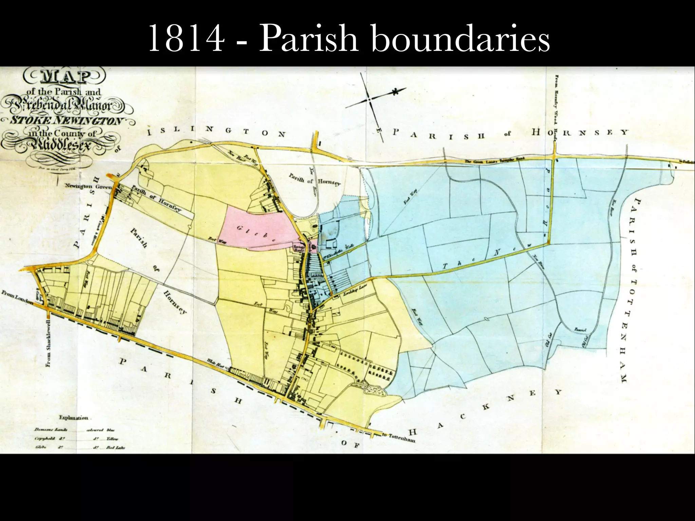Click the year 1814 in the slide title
coord(186,38)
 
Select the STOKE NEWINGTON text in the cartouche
coord(66,120)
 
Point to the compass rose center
coord(369,99)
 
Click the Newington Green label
coord(88,186)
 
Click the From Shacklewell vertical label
coord(48,343)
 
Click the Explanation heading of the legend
coord(73,418)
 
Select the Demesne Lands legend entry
coord(51,429)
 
